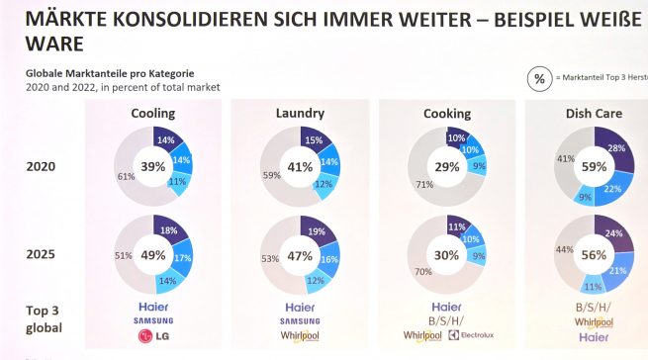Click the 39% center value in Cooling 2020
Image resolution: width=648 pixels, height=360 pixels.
(152, 166)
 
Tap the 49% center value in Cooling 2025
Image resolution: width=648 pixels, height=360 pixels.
(152, 255)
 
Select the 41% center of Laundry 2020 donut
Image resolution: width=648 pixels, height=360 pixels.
(299, 166)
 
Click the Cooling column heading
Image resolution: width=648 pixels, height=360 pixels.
(153, 114)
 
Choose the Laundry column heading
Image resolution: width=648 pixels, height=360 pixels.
(300, 114)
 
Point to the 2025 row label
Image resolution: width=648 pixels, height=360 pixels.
(43, 254)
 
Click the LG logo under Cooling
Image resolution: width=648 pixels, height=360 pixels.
(153, 338)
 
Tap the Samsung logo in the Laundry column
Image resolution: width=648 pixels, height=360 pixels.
(300, 321)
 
